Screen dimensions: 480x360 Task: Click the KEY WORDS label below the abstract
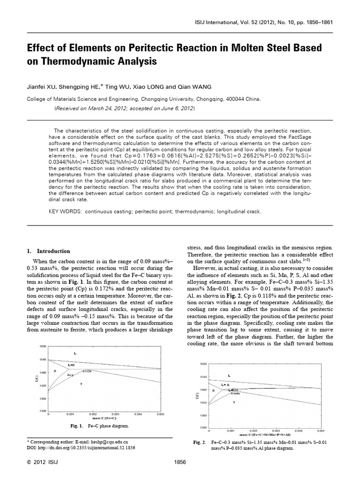66,211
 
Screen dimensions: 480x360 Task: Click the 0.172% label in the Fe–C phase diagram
87,371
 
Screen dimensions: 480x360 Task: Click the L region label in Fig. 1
75,352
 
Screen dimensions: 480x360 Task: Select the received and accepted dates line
125,108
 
